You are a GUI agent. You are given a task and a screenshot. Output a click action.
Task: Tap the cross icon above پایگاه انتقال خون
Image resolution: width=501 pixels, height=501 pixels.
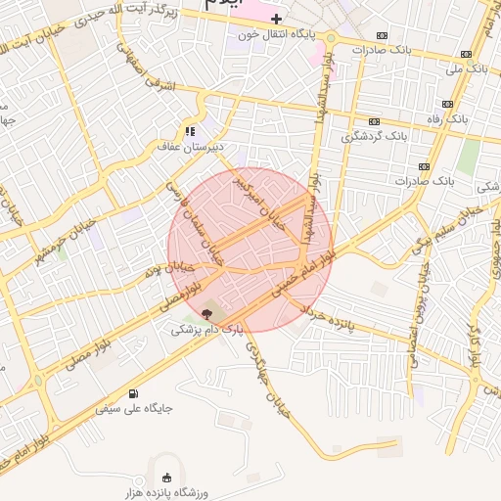277,19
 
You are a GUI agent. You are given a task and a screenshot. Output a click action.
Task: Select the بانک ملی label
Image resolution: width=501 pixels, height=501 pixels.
465,69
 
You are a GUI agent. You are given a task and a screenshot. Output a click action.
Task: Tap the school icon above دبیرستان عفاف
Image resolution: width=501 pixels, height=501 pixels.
190,130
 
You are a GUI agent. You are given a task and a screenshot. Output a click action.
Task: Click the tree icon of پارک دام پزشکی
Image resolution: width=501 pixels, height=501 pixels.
206,313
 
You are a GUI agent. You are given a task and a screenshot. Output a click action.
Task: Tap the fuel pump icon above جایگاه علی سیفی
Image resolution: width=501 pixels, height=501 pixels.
132,391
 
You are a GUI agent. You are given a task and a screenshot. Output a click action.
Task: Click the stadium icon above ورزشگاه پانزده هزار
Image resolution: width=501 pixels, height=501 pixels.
165,478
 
